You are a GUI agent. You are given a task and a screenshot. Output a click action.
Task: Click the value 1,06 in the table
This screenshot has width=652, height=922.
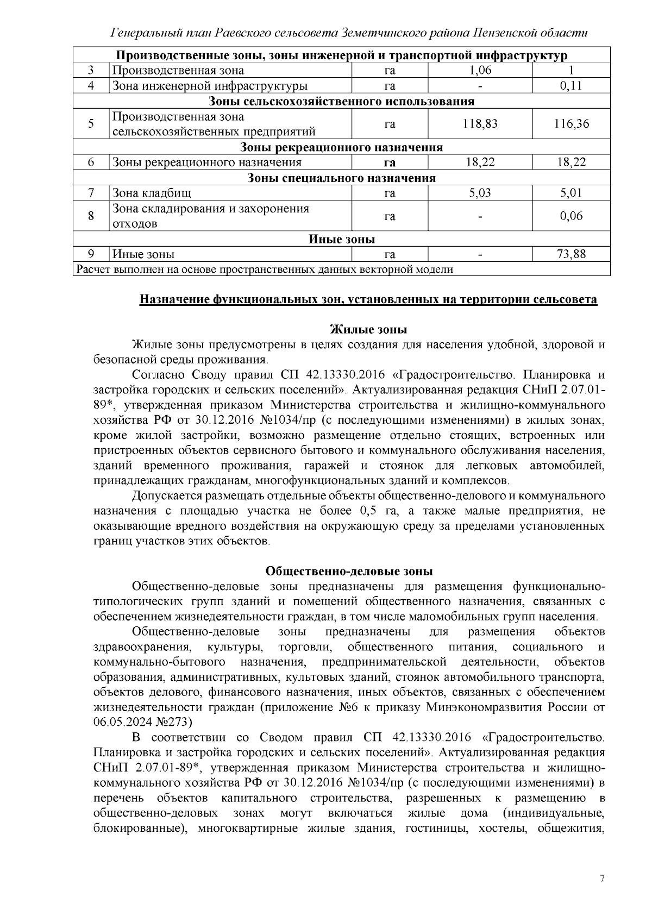click(x=480, y=71)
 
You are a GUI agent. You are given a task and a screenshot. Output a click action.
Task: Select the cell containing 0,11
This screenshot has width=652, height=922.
click(x=571, y=86)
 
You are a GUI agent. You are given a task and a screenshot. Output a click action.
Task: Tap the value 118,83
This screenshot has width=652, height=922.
click(x=480, y=124)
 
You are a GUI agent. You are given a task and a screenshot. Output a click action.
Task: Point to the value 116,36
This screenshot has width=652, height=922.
click(x=571, y=124)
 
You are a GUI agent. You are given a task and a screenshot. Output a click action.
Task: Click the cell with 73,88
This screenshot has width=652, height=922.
click(x=571, y=254)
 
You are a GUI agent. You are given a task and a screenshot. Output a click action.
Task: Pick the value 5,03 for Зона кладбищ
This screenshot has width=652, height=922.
click(x=480, y=193)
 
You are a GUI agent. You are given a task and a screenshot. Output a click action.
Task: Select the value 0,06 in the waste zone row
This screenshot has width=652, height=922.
click(x=571, y=216)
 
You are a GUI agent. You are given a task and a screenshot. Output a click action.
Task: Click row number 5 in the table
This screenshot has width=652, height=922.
click(x=91, y=124)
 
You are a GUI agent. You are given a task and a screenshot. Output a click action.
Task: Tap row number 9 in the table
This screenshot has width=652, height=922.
click(x=91, y=254)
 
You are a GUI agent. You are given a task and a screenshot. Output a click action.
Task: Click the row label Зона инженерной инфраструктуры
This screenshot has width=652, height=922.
click(x=210, y=86)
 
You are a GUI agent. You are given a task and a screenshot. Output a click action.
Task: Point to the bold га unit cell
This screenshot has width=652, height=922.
click(x=390, y=162)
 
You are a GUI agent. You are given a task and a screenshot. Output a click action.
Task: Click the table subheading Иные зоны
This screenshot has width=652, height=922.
click(x=341, y=240)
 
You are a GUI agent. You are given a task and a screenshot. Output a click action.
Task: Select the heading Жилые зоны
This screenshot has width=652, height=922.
click(x=369, y=330)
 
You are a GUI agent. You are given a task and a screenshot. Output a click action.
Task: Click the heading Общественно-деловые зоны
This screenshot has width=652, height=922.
click(x=349, y=571)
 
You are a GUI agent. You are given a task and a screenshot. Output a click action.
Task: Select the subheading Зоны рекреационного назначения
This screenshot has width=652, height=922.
click(x=341, y=148)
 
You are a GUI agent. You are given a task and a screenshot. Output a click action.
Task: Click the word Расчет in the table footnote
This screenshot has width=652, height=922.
click(x=93, y=269)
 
